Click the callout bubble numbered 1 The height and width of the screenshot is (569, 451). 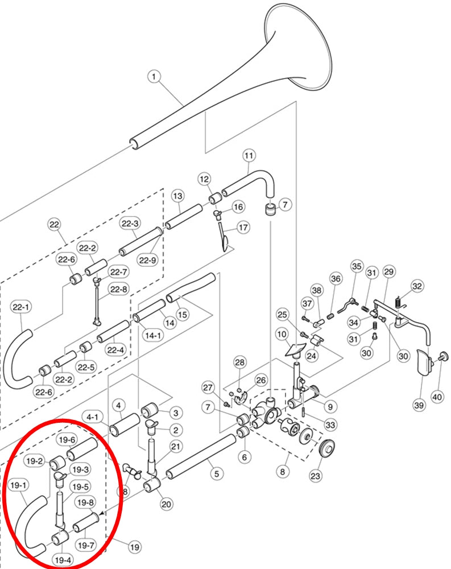[x=154, y=77]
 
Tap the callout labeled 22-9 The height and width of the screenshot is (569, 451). [x=148, y=260]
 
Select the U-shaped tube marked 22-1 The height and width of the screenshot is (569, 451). [x=18, y=359]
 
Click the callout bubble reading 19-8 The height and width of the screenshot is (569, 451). [x=86, y=502]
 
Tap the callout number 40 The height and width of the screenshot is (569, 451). [x=437, y=397]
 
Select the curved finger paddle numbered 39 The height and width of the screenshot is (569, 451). [x=423, y=363]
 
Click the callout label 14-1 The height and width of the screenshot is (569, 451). [x=153, y=335]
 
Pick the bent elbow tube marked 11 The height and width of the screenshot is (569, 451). [x=250, y=184]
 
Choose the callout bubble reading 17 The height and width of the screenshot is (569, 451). [x=243, y=228]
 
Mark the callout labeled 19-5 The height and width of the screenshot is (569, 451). [x=81, y=486]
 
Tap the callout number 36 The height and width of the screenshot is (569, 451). [x=336, y=279]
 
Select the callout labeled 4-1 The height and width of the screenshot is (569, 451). [x=92, y=417]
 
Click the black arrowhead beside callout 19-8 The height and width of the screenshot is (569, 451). [x=102, y=513]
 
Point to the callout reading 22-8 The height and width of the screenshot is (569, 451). [x=119, y=289]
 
